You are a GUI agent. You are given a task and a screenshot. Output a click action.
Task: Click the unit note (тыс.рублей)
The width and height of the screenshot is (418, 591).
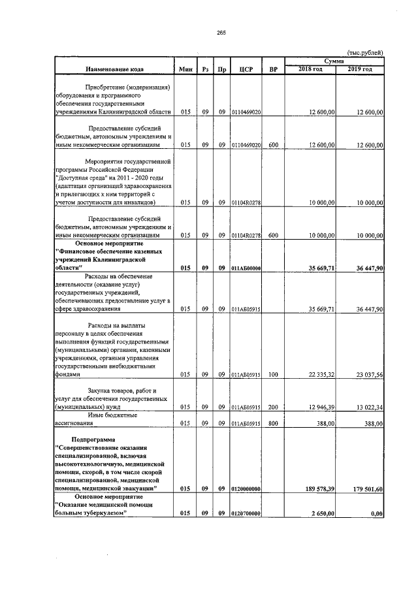(365, 53)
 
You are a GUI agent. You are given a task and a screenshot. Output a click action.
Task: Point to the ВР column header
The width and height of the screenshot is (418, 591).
(273, 69)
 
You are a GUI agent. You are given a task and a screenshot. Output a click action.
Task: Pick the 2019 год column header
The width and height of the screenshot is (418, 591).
(359, 69)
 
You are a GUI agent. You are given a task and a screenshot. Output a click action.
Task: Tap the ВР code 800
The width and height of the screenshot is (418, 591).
(273, 423)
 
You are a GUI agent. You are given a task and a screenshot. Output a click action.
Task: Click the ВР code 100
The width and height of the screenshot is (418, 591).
(273, 375)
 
